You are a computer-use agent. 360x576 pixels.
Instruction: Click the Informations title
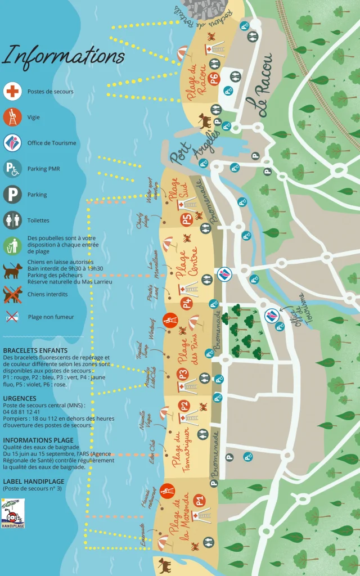[63, 55]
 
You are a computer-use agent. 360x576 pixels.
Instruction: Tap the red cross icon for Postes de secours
[12, 91]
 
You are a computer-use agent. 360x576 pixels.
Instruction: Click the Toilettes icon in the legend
[12, 220]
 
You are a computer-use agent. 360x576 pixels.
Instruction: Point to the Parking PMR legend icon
[12, 168]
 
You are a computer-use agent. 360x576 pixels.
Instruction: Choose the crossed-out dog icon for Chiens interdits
[12, 294]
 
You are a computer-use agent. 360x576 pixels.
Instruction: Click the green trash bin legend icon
[12, 245]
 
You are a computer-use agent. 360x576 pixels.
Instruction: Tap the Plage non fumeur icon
[12, 317]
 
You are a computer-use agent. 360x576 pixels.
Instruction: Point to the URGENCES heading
[20, 398]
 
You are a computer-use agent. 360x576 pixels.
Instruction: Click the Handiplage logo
[12, 511]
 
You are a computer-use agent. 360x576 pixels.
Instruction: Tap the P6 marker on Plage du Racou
[214, 78]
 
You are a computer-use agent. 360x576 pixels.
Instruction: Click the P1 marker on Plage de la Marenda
[198, 499]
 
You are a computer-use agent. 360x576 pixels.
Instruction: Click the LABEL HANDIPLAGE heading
[33, 481]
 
